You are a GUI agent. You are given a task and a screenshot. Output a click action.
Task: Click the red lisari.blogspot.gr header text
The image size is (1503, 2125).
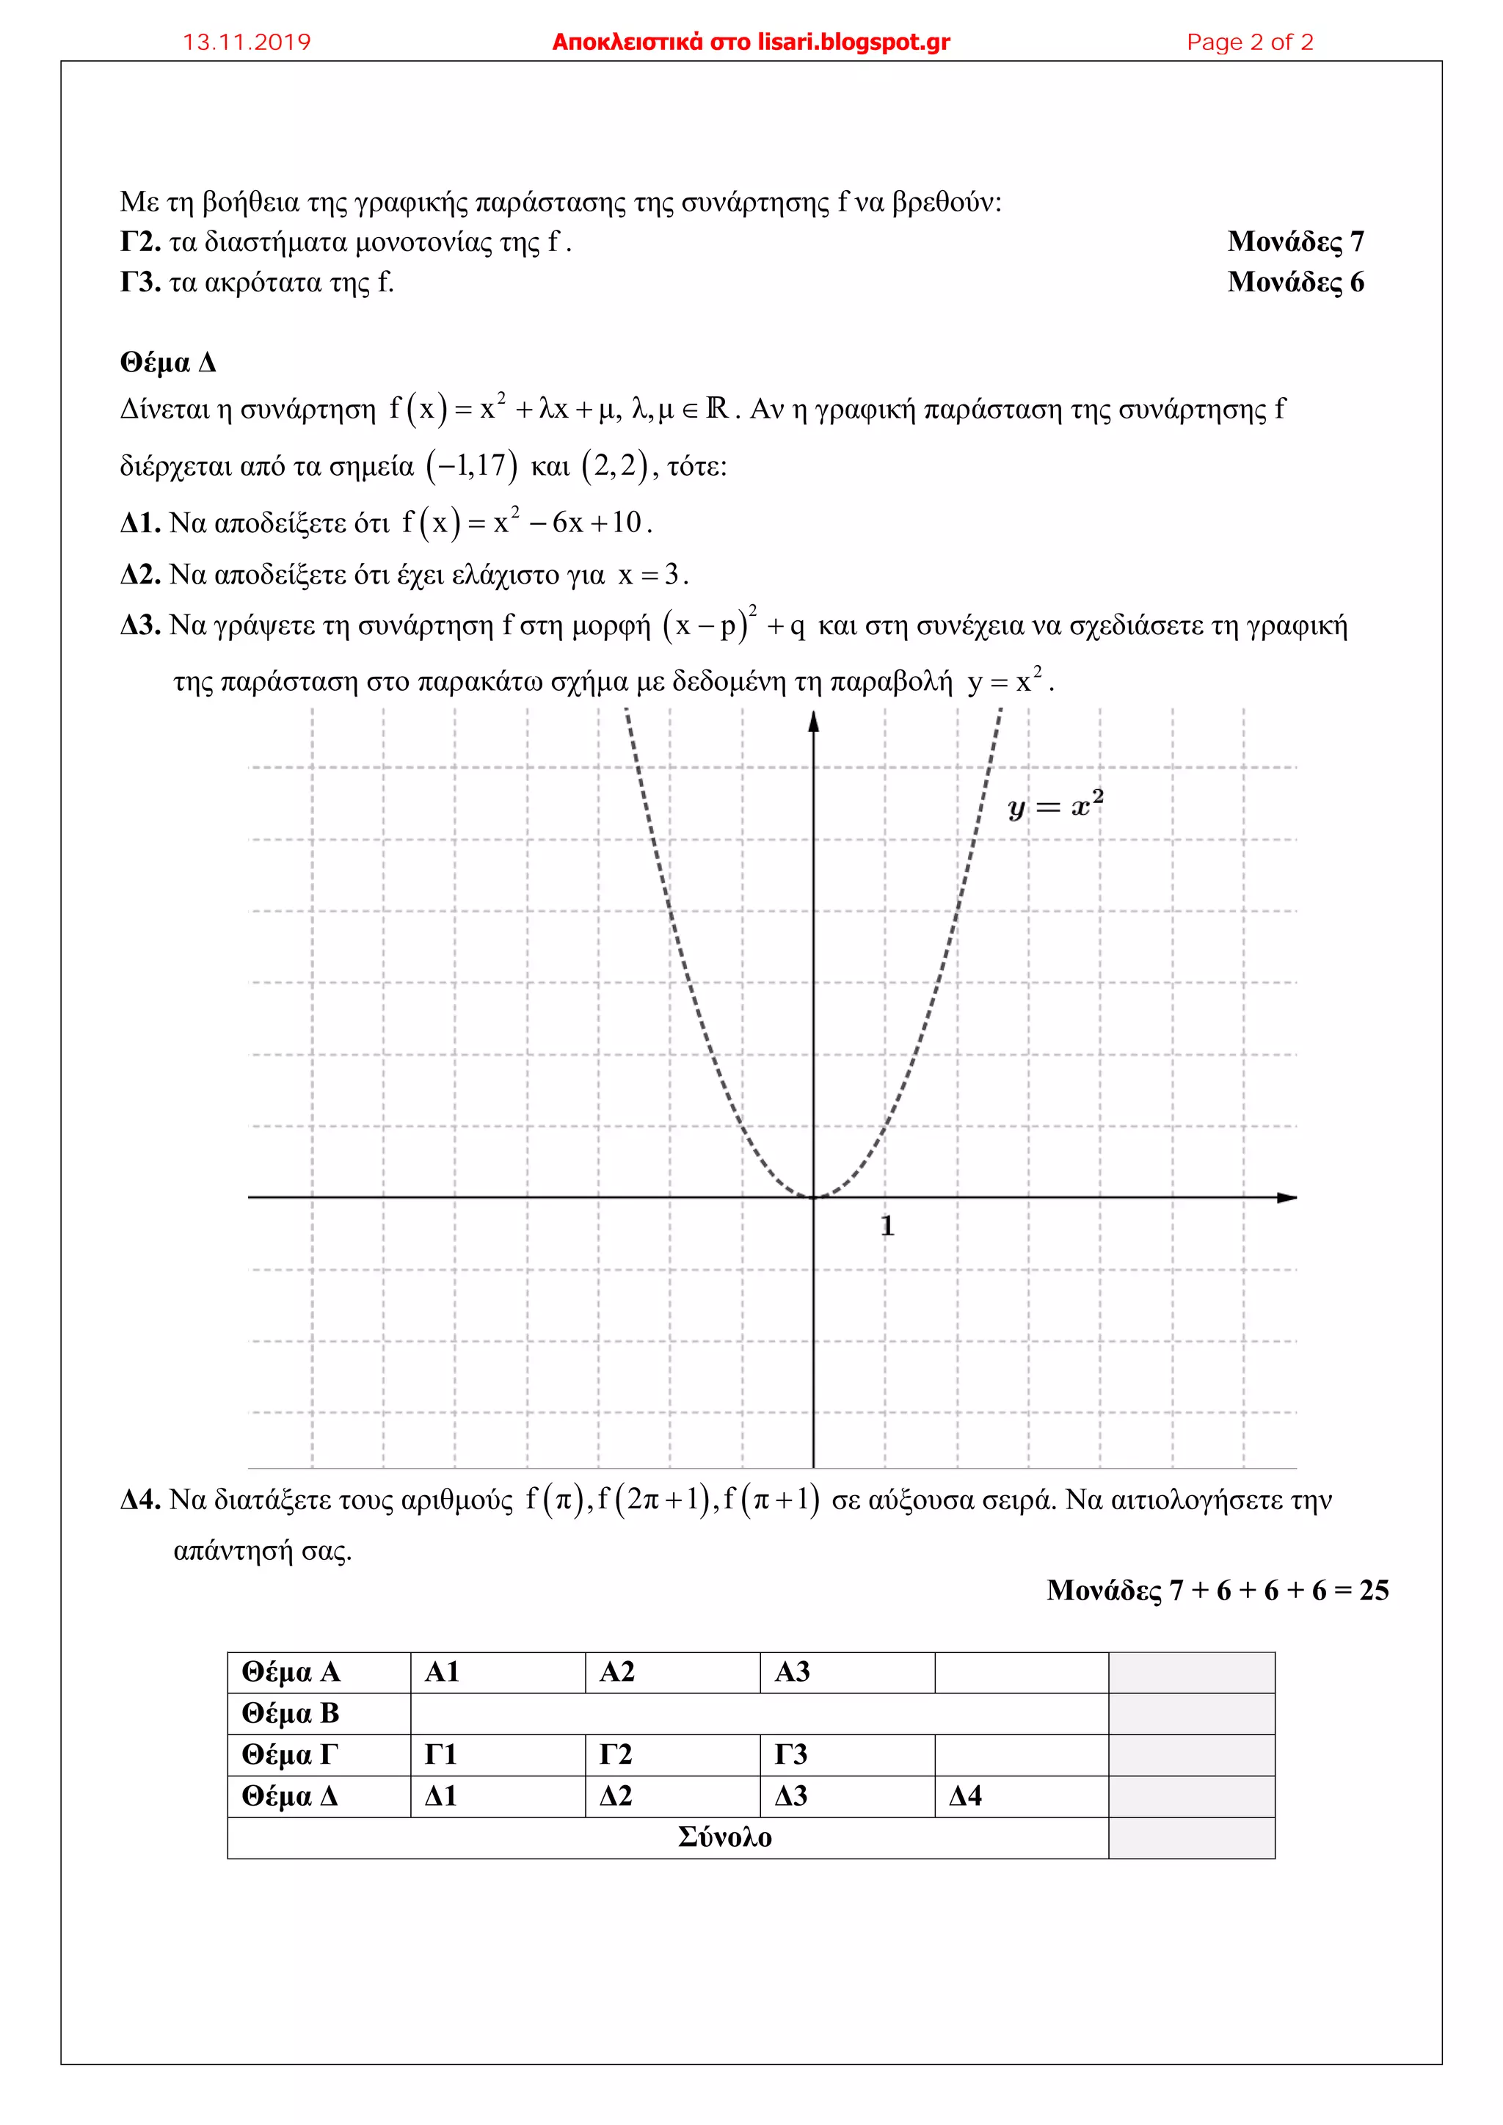tap(751, 43)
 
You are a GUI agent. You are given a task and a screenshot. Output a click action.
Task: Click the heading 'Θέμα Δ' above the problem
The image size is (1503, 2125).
tap(167, 363)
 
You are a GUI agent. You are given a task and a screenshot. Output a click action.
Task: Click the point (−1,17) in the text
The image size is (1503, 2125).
tap(472, 466)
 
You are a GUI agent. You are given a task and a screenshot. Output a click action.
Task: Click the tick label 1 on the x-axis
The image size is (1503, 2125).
tap(887, 1227)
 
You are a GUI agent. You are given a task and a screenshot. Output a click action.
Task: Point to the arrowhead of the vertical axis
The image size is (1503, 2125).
tap(813, 721)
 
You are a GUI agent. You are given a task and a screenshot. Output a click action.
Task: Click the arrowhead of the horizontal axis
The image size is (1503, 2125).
tap(1287, 1198)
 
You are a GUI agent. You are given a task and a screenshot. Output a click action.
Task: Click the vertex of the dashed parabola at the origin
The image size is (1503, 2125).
tap(813, 1198)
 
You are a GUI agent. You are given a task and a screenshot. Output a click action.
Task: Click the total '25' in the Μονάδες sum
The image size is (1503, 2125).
tap(1373, 1590)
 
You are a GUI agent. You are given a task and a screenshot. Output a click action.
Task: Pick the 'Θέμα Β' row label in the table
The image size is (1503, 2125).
tap(291, 1713)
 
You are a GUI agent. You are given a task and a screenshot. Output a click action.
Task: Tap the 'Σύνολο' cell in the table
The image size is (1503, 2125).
tap(724, 1837)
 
